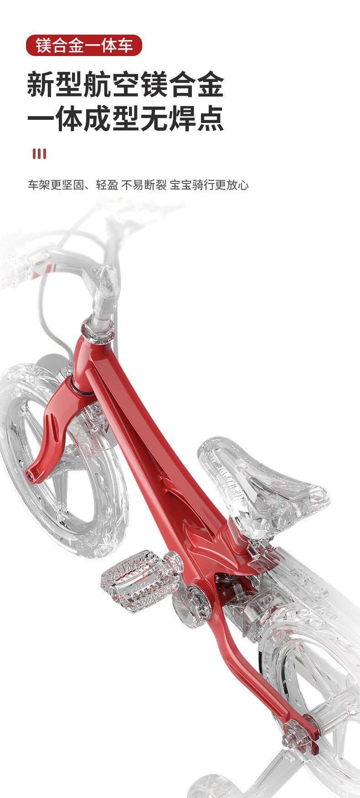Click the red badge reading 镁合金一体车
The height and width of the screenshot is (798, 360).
point(84,46)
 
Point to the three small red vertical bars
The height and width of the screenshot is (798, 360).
point(39,153)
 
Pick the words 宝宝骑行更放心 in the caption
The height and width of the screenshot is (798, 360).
point(209,185)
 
